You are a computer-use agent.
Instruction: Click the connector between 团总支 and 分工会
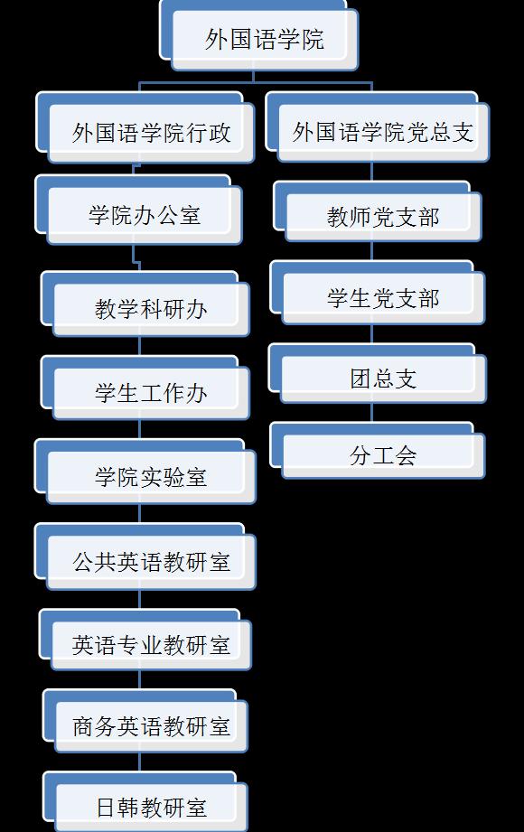(x=371, y=413)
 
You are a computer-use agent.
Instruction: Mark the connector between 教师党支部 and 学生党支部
(x=371, y=251)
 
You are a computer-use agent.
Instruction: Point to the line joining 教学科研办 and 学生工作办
(x=140, y=347)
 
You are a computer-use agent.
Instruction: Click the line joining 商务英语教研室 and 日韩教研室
(x=140, y=762)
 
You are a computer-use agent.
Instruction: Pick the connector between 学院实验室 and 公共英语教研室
(x=140, y=514)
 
